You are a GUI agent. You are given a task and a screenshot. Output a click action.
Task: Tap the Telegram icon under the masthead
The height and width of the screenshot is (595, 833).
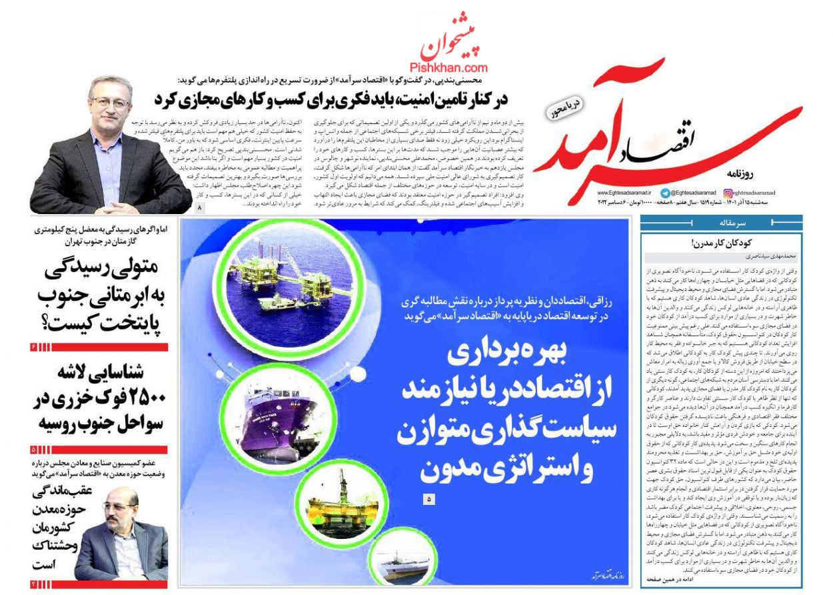point(664,193)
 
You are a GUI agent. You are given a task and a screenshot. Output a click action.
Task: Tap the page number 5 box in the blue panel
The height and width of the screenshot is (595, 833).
point(428,498)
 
